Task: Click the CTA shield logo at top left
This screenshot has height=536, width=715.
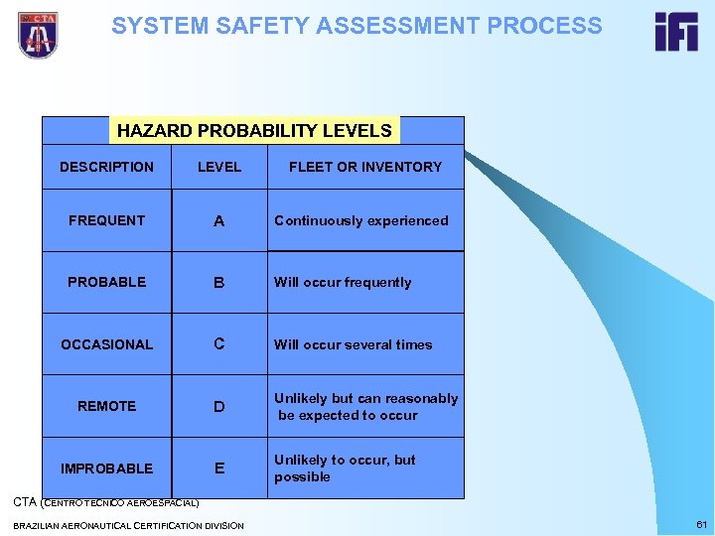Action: tap(38, 35)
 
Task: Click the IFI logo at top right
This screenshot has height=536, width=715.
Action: tap(675, 33)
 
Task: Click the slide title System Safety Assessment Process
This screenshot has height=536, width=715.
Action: tap(357, 26)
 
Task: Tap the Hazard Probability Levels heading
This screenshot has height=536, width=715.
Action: tap(254, 130)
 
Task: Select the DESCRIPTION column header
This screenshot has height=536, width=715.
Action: tap(106, 167)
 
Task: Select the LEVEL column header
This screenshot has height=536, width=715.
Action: tap(219, 167)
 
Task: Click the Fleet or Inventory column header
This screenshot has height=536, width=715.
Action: tap(365, 167)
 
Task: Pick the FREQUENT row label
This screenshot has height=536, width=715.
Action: tap(106, 220)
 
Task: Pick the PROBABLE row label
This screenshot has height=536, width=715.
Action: tap(106, 282)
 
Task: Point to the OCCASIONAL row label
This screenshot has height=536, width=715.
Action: tap(106, 344)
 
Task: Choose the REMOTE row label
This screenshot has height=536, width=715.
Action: tap(106, 406)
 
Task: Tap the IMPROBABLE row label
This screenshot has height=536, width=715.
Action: tap(106, 469)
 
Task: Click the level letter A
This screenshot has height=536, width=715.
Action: tap(219, 221)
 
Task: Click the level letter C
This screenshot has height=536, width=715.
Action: tap(219, 344)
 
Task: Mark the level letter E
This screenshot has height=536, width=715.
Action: tap(219, 469)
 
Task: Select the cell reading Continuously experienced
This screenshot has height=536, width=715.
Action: tap(361, 220)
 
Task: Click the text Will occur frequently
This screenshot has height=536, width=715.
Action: tap(343, 282)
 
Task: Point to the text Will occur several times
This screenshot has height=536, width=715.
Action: tap(354, 344)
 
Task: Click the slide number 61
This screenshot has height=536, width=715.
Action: tap(701, 524)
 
